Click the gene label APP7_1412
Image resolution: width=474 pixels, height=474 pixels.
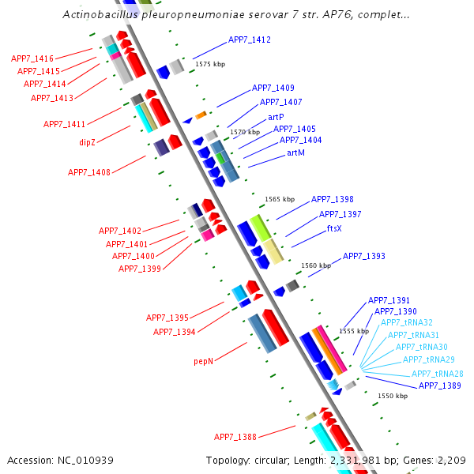[250, 39]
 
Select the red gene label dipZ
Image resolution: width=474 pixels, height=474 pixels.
[87, 142]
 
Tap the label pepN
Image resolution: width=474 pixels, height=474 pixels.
[204, 361]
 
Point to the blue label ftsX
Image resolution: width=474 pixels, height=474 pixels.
[334, 228]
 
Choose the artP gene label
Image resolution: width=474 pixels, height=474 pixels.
[276, 116]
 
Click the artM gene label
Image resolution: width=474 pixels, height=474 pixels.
[296, 152]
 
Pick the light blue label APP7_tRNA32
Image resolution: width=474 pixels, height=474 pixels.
[407, 322]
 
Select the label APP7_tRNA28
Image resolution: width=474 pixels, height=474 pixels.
[437, 374]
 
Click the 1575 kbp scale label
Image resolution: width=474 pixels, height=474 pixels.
[209, 64]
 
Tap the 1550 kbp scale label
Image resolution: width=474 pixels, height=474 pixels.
[393, 396]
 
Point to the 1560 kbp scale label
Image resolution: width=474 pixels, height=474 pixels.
[316, 266]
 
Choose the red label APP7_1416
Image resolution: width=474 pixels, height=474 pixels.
[32, 58]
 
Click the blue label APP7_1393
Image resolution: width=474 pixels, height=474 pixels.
[363, 256]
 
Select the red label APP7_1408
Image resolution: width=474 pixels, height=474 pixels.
[89, 172]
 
